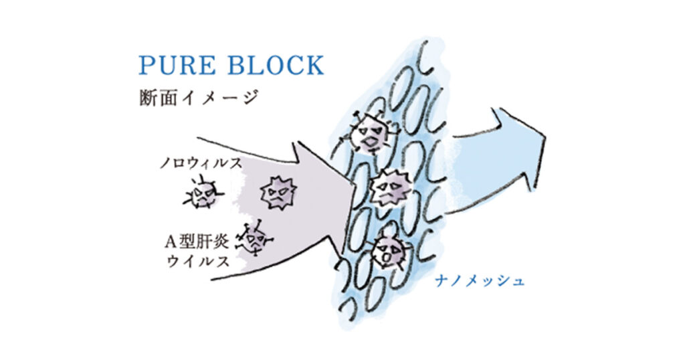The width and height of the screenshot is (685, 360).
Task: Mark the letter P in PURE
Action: click(146, 66)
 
